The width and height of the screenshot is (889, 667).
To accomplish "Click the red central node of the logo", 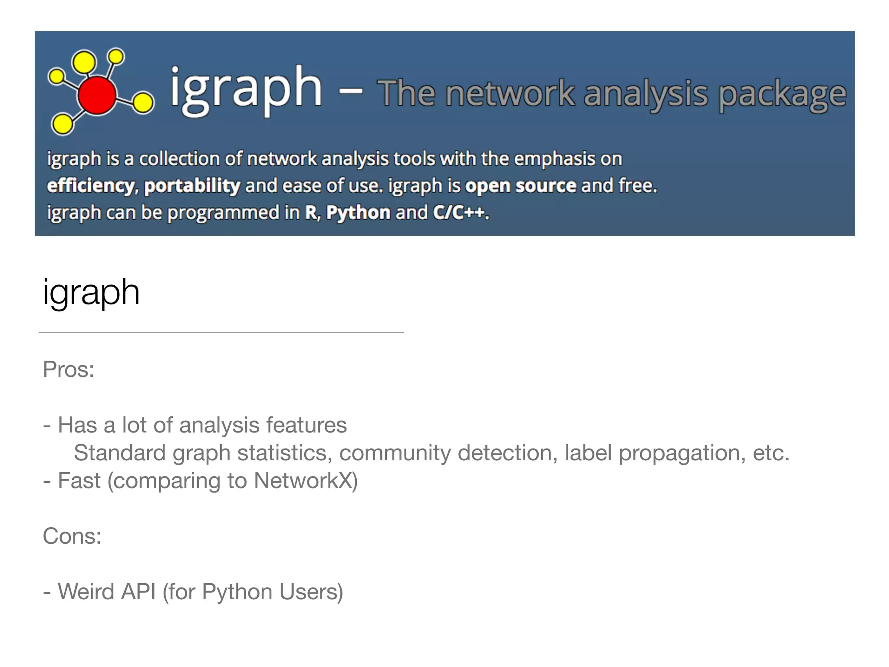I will [97, 95].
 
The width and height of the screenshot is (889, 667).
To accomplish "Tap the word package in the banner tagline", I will [782, 95].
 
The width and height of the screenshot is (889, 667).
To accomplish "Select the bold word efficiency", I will [90, 186].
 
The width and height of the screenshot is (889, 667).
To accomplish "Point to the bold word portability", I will [192, 186].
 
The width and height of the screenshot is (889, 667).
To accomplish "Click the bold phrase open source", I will [520, 186].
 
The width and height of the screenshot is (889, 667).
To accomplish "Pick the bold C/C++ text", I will [458, 213].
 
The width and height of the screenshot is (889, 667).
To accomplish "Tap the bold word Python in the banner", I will [358, 213].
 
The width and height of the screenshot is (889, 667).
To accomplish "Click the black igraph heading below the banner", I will [91, 293].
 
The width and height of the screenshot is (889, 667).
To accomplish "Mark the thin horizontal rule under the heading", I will [221, 333].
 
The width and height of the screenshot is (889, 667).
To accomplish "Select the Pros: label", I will [69, 370].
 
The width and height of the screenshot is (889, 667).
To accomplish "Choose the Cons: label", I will [72, 536].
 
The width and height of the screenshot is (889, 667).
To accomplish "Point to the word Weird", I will [86, 592].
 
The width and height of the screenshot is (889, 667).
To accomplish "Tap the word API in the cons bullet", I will [138, 592].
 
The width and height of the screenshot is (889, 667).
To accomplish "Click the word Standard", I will [120, 453].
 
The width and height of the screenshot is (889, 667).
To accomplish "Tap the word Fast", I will [79, 481].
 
